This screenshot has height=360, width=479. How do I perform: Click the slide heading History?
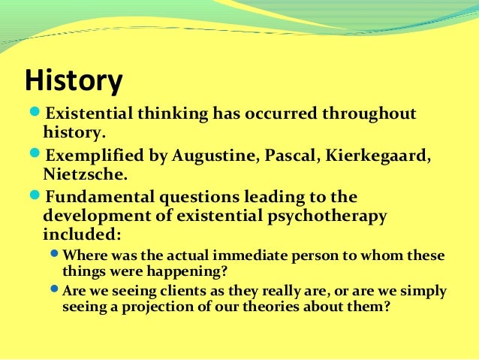73,82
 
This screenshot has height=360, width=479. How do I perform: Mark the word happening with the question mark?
215,271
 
